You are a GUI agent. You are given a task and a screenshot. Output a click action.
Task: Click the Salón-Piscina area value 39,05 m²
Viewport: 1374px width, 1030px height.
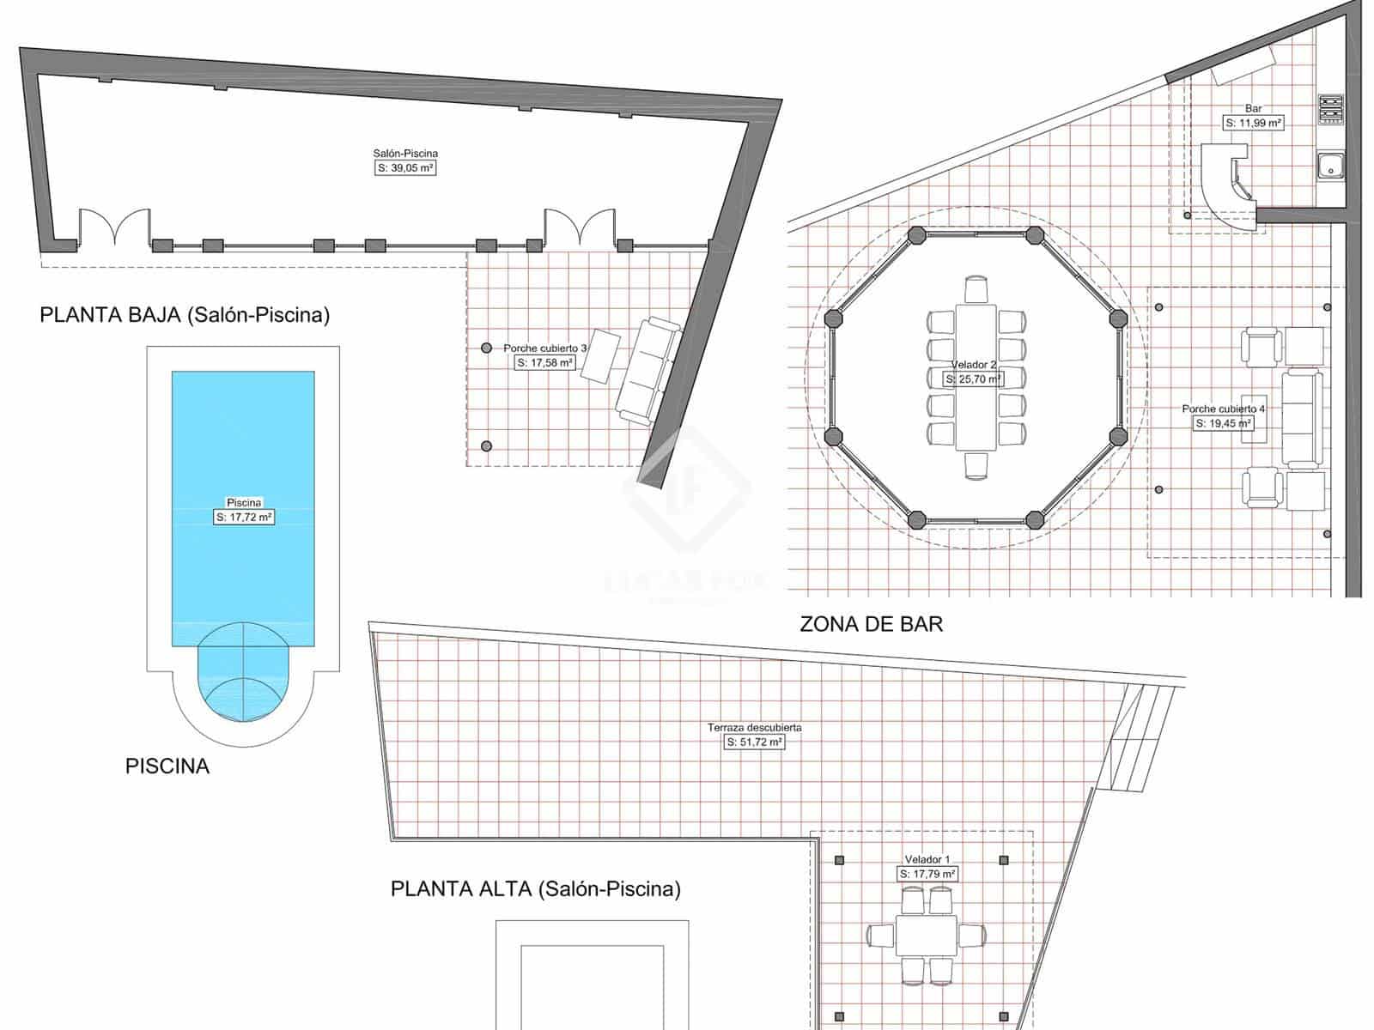point(406,168)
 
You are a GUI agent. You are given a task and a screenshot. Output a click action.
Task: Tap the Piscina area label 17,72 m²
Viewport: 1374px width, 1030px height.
point(244,517)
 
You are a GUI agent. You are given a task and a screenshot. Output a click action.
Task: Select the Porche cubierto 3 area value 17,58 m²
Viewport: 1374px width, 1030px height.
point(545,363)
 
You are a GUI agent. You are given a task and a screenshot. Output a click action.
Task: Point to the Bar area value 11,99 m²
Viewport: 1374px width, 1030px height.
point(1253,123)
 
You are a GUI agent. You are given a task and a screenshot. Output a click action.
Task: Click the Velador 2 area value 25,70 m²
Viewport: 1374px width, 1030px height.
point(973,379)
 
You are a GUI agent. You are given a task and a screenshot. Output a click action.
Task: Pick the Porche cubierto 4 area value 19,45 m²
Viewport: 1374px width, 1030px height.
point(1223,423)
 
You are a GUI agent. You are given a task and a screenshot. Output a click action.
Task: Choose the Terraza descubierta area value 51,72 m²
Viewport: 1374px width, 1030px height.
point(754,742)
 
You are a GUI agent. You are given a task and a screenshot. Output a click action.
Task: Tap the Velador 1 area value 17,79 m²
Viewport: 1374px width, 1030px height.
point(927,874)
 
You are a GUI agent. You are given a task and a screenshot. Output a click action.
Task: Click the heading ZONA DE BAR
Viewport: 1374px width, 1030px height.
point(871,624)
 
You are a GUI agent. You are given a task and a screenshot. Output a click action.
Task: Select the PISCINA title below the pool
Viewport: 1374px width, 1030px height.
point(167,766)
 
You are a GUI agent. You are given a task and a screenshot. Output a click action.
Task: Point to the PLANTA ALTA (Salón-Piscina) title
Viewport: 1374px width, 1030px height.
point(535,888)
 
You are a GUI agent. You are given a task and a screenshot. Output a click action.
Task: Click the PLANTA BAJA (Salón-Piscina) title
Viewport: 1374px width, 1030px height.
point(185,315)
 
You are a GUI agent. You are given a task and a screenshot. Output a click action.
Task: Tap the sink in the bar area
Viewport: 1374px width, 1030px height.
point(1330,166)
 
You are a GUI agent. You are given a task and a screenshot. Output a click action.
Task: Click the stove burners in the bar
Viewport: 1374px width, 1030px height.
point(1330,109)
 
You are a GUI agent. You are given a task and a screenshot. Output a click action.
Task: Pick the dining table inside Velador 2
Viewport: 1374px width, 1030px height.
point(976,377)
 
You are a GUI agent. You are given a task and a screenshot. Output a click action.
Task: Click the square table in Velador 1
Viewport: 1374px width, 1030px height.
point(926,936)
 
